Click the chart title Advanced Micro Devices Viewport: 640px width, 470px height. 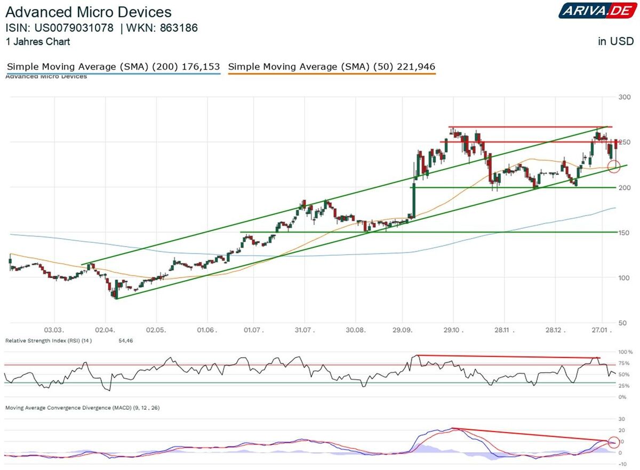pos(89,12)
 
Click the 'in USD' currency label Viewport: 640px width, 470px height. pos(615,42)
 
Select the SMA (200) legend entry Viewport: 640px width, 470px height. pos(113,67)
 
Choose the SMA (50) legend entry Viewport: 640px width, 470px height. pos(331,67)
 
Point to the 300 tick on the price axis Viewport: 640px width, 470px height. pos(625,97)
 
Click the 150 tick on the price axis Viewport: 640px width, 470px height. pos(625,233)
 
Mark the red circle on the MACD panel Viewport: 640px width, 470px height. pos(614,442)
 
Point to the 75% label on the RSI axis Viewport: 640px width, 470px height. pos(623,363)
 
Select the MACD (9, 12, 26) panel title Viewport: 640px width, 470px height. pos(83,408)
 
